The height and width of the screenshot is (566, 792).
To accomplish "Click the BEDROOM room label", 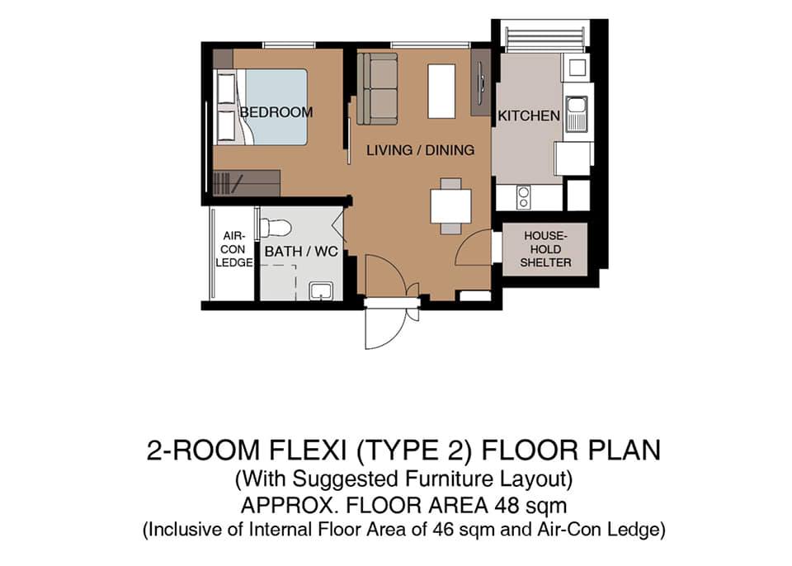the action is (276, 111).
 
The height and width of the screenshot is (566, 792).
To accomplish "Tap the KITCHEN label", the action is (529, 116).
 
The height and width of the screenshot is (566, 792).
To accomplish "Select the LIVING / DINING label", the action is (420, 150).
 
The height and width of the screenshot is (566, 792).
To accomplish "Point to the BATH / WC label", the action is (301, 251).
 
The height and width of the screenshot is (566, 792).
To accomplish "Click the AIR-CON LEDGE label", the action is (233, 249).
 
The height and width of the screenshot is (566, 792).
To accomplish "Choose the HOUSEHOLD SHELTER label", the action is (545, 249).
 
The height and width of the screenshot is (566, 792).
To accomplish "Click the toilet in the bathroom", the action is (276, 227).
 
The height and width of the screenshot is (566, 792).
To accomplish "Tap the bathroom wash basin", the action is (321, 290).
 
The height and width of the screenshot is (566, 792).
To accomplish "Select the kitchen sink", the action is (575, 114).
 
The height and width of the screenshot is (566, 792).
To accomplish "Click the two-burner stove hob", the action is (523, 197).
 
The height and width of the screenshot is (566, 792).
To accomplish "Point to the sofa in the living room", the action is (377, 88).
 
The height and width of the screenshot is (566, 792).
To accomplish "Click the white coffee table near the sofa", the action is (441, 91).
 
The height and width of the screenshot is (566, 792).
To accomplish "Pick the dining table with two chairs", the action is (450, 205).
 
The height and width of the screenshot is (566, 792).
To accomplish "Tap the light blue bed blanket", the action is (276, 107).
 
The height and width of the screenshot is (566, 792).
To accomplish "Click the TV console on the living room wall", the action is (480, 83).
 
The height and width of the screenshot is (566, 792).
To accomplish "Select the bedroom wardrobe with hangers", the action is (247, 183).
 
